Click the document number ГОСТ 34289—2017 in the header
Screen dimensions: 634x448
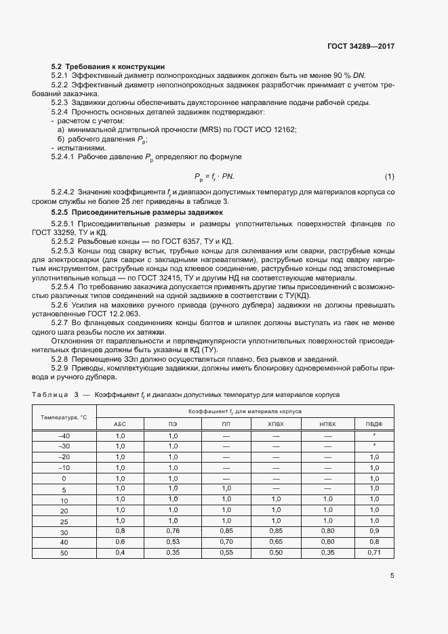pos(361,47)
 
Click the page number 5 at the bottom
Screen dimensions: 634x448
pos(392,576)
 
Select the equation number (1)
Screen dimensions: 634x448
pos(389,177)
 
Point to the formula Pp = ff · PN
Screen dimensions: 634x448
pos(214,177)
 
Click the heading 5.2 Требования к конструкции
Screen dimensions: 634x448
pos(108,66)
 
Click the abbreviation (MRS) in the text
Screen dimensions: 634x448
pos(180,129)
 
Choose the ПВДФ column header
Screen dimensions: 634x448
pos(374,423)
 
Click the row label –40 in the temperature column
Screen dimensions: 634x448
pos(64,436)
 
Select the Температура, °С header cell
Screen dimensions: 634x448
pos(64,417)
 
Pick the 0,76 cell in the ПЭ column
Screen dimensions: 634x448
pos(173,530)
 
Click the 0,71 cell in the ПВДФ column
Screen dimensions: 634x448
pos(374,553)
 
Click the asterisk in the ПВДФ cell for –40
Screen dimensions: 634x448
pos(374,436)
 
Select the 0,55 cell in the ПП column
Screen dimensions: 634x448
pos(226,553)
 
